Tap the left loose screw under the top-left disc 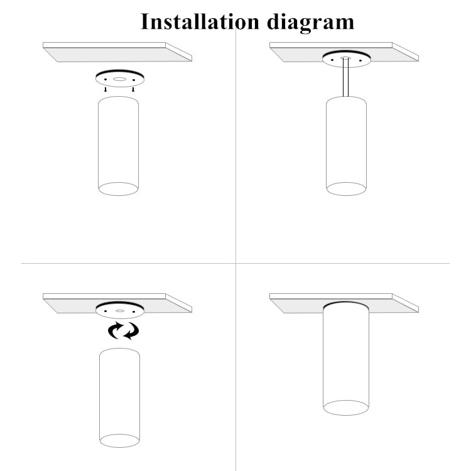click(x=106, y=90)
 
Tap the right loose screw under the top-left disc click(x=133, y=90)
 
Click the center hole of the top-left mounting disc click(x=119, y=79)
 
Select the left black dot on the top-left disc click(x=106, y=79)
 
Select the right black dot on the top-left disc click(x=133, y=79)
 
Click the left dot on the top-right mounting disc click(x=332, y=60)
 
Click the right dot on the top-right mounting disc click(x=360, y=60)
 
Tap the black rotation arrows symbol click(x=123, y=330)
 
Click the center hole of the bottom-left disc click(x=119, y=311)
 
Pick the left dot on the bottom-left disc click(x=106, y=311)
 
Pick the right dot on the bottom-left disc click(x=133, y=311)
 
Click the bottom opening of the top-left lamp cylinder click(x=118, y=188)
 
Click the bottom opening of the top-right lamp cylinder click(x=346, y=188)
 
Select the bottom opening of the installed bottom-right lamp click(x=345, y=407)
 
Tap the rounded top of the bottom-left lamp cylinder click(x=119, y=353)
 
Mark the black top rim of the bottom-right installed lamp click(x=345, y=303)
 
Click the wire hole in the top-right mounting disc click(x=345, y=58)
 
